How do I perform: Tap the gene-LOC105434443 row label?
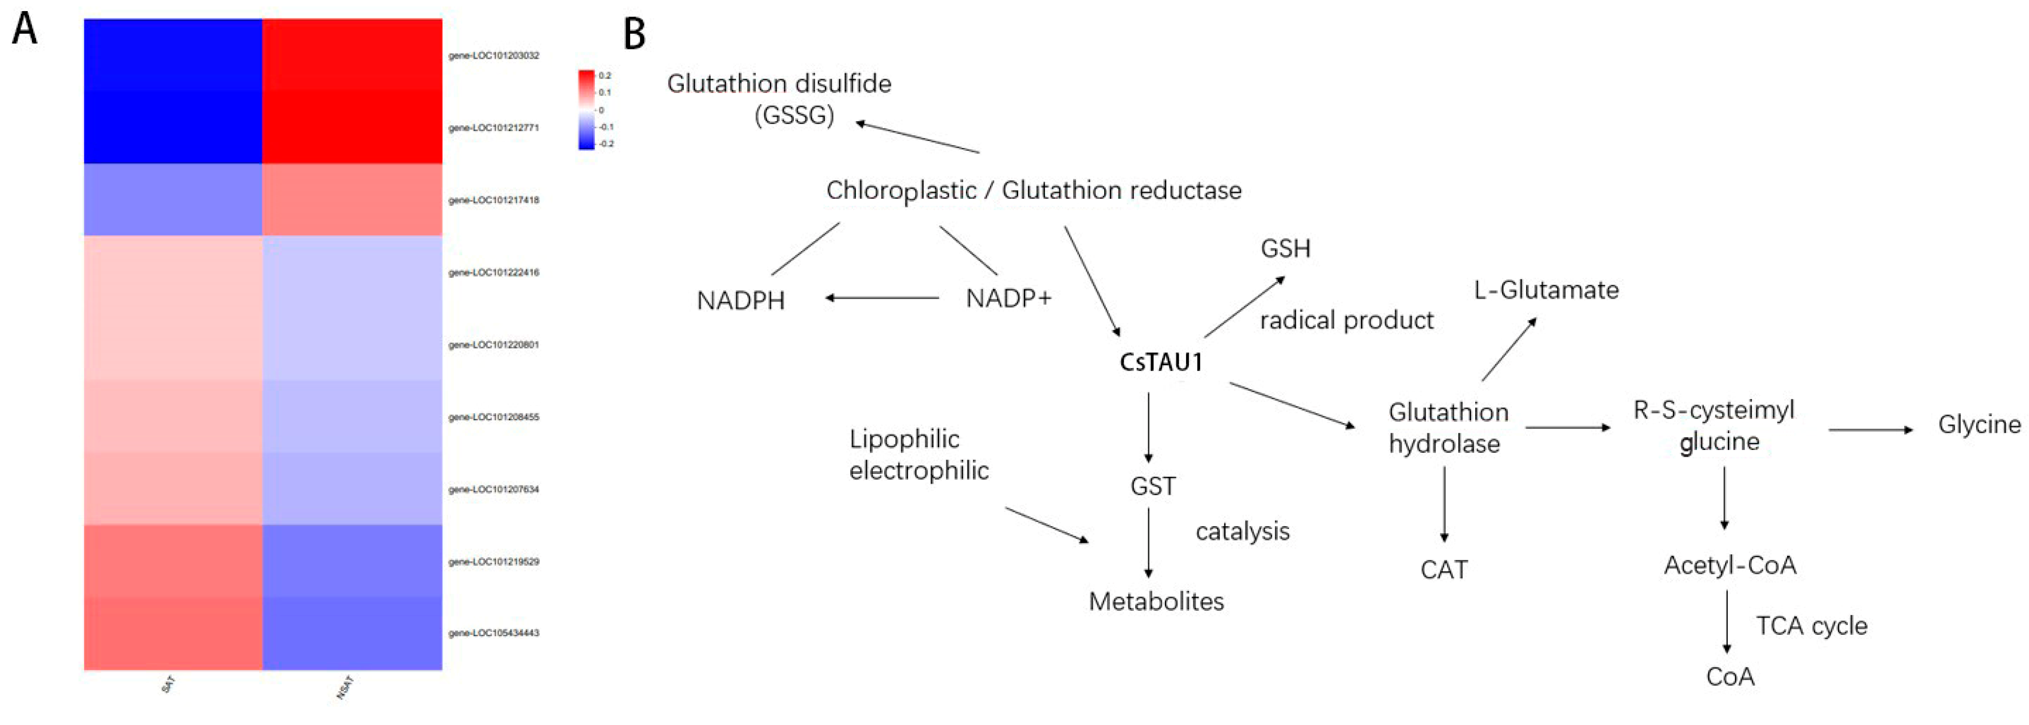(x=494, y=633)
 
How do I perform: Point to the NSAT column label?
(x=345, y=687)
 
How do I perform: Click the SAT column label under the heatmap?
(x=168, y=685)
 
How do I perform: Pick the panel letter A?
(x=25, y=30)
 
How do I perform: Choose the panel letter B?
(x=634, y=35)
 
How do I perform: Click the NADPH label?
(x=740, y=301)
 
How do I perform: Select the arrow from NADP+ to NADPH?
(x=882, y=298)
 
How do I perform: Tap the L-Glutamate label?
(x=1546, y=290)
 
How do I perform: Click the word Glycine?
(x=1979, y=425)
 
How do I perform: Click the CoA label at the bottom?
(x=1730, y=676)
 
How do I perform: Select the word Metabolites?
(x=1156, y=602)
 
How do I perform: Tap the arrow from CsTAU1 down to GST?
(x=1148, y=427)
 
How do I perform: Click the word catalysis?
(x=1242, y=532)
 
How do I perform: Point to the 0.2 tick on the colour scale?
(x=605, y=75)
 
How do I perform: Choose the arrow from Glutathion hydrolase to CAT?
(x=1444, y=504)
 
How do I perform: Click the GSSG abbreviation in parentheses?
(x=794, y=116)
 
